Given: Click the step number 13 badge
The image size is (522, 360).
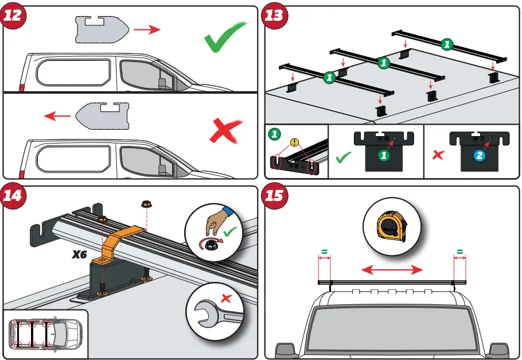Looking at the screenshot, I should click(274, 16).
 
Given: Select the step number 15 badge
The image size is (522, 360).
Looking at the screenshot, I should click(274, 196).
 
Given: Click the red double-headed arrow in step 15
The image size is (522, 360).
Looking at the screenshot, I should click(392, 269).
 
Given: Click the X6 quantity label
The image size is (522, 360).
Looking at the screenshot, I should click(79, 254).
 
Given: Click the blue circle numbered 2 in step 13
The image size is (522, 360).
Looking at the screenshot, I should click(479, 156).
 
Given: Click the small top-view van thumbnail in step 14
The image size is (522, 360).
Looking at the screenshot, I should click(45, 334).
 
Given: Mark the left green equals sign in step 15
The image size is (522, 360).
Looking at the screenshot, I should click(325, 251).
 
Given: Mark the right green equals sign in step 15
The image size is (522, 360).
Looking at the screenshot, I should click(459, 251).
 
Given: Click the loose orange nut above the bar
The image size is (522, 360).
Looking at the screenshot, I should click(145, 204).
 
